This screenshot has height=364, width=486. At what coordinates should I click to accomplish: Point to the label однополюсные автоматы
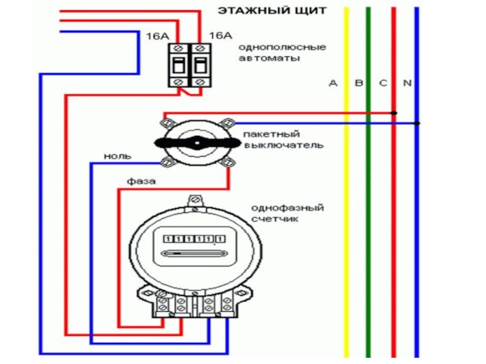click(282, 53)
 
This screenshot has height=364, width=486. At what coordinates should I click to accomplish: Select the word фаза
click(141, 181)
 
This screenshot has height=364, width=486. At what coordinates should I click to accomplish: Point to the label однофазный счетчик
click(287, 214)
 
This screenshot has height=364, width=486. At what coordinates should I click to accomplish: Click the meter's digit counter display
click(193, 238)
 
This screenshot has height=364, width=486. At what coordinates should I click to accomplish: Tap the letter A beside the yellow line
click(332, 83)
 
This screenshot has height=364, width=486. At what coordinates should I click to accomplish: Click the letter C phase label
click(383, 83)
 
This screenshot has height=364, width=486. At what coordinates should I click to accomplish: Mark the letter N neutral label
click(407, 83)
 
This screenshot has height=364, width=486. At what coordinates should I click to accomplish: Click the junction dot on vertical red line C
click(394, 113)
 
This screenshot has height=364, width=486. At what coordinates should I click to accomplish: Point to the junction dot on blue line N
click(417, 124)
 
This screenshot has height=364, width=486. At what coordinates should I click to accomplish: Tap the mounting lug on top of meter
click(194, 200)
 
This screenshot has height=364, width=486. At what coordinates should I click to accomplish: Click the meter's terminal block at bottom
click(194, 303)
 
